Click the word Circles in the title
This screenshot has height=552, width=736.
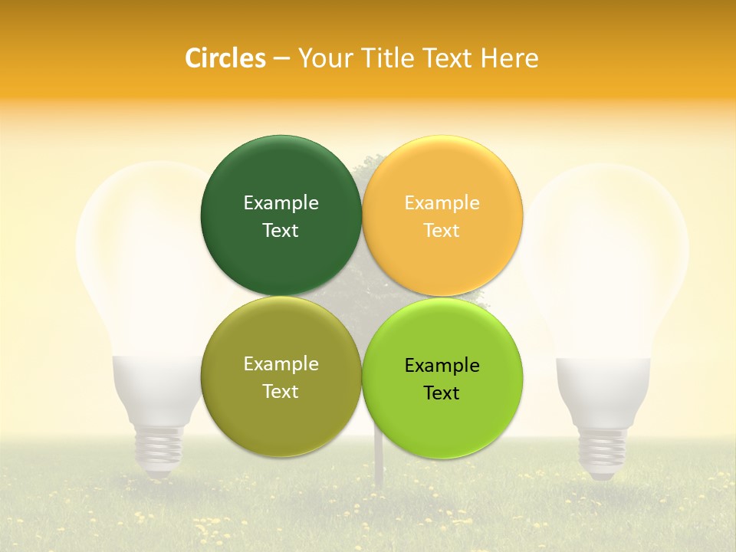tap(225, 58)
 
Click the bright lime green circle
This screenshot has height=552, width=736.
tap(442, 418)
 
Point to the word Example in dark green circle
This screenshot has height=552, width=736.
tap(281, 203)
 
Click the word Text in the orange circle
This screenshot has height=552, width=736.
tap(442, 231)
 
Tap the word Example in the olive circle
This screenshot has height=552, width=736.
tap(281, 364)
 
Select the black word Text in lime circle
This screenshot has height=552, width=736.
tap(442, 393)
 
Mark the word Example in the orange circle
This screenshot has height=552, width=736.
tap(442, 203)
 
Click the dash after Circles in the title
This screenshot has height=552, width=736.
tap(281, 59)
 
